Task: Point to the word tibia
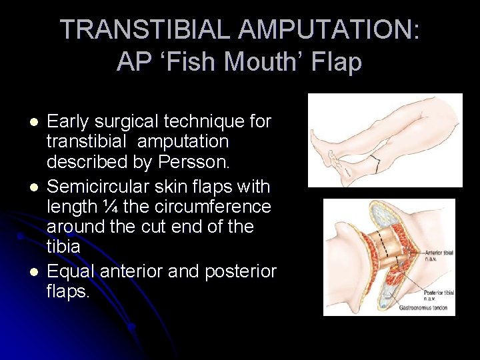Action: (x=63, y=246)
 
